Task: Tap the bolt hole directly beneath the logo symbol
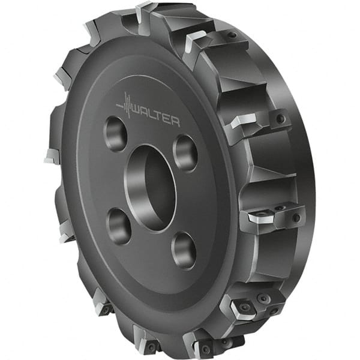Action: tap(115, 133)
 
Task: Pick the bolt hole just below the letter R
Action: tap(185, 152)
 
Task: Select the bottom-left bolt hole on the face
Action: tap(118, 226)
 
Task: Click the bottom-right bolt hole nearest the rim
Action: tap(184, 250)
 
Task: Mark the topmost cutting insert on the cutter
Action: tap(145, 13)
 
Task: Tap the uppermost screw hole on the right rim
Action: tap(231, 35)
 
